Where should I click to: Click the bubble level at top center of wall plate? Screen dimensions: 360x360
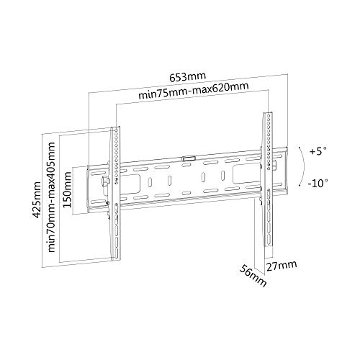click(x=189, y=156)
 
